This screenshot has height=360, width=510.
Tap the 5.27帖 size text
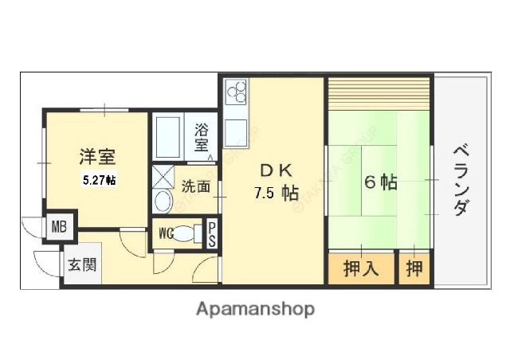pos(100,181)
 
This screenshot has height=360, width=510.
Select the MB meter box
pos(60,226)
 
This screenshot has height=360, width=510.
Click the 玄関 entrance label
pos(82,264)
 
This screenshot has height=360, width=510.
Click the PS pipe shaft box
pos(212,233)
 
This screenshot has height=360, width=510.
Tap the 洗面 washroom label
pos(194,188)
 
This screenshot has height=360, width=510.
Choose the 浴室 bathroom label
pos(202,136)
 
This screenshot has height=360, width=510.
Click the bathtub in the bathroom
pos(170,136)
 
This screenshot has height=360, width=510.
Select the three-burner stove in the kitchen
pos(237,96)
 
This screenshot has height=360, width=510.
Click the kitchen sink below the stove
pos(237,133)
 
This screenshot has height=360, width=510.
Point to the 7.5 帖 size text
pos(276,193)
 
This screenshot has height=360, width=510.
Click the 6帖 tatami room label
pos(381,182)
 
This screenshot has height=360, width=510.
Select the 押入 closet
pos(360,268)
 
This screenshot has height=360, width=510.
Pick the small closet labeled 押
pos(414,268)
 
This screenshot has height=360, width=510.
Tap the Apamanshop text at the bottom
pos(255,308)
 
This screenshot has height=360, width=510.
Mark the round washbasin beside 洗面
pos(163,201)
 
